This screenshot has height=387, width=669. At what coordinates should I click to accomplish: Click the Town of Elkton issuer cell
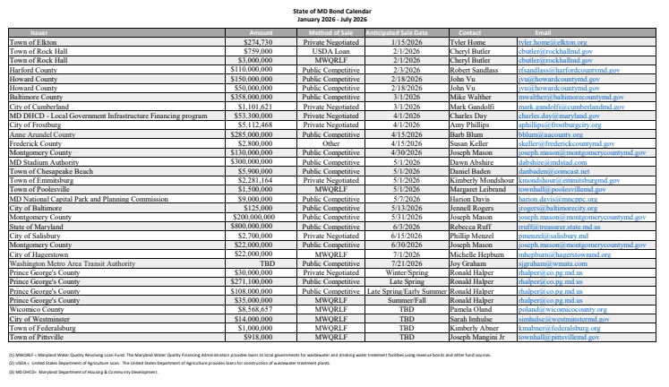coord(32,41)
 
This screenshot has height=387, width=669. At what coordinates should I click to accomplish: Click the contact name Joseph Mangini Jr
coord(482,336)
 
